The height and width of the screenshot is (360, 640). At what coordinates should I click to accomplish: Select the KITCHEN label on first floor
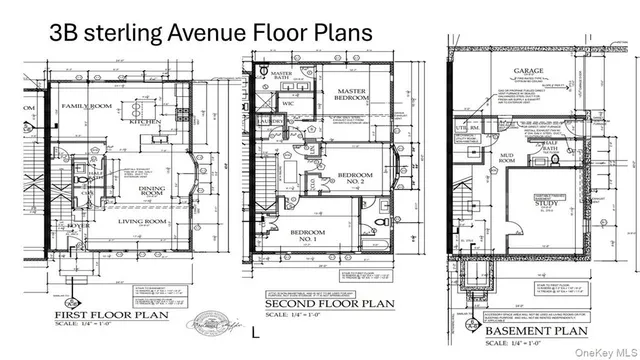coord(143,122)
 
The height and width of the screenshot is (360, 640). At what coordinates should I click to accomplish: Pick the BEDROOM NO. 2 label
coord(357,180)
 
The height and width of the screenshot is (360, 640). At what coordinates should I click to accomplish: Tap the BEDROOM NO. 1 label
coord(301,236)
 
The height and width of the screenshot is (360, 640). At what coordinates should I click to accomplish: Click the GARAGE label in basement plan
coord(528,71)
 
